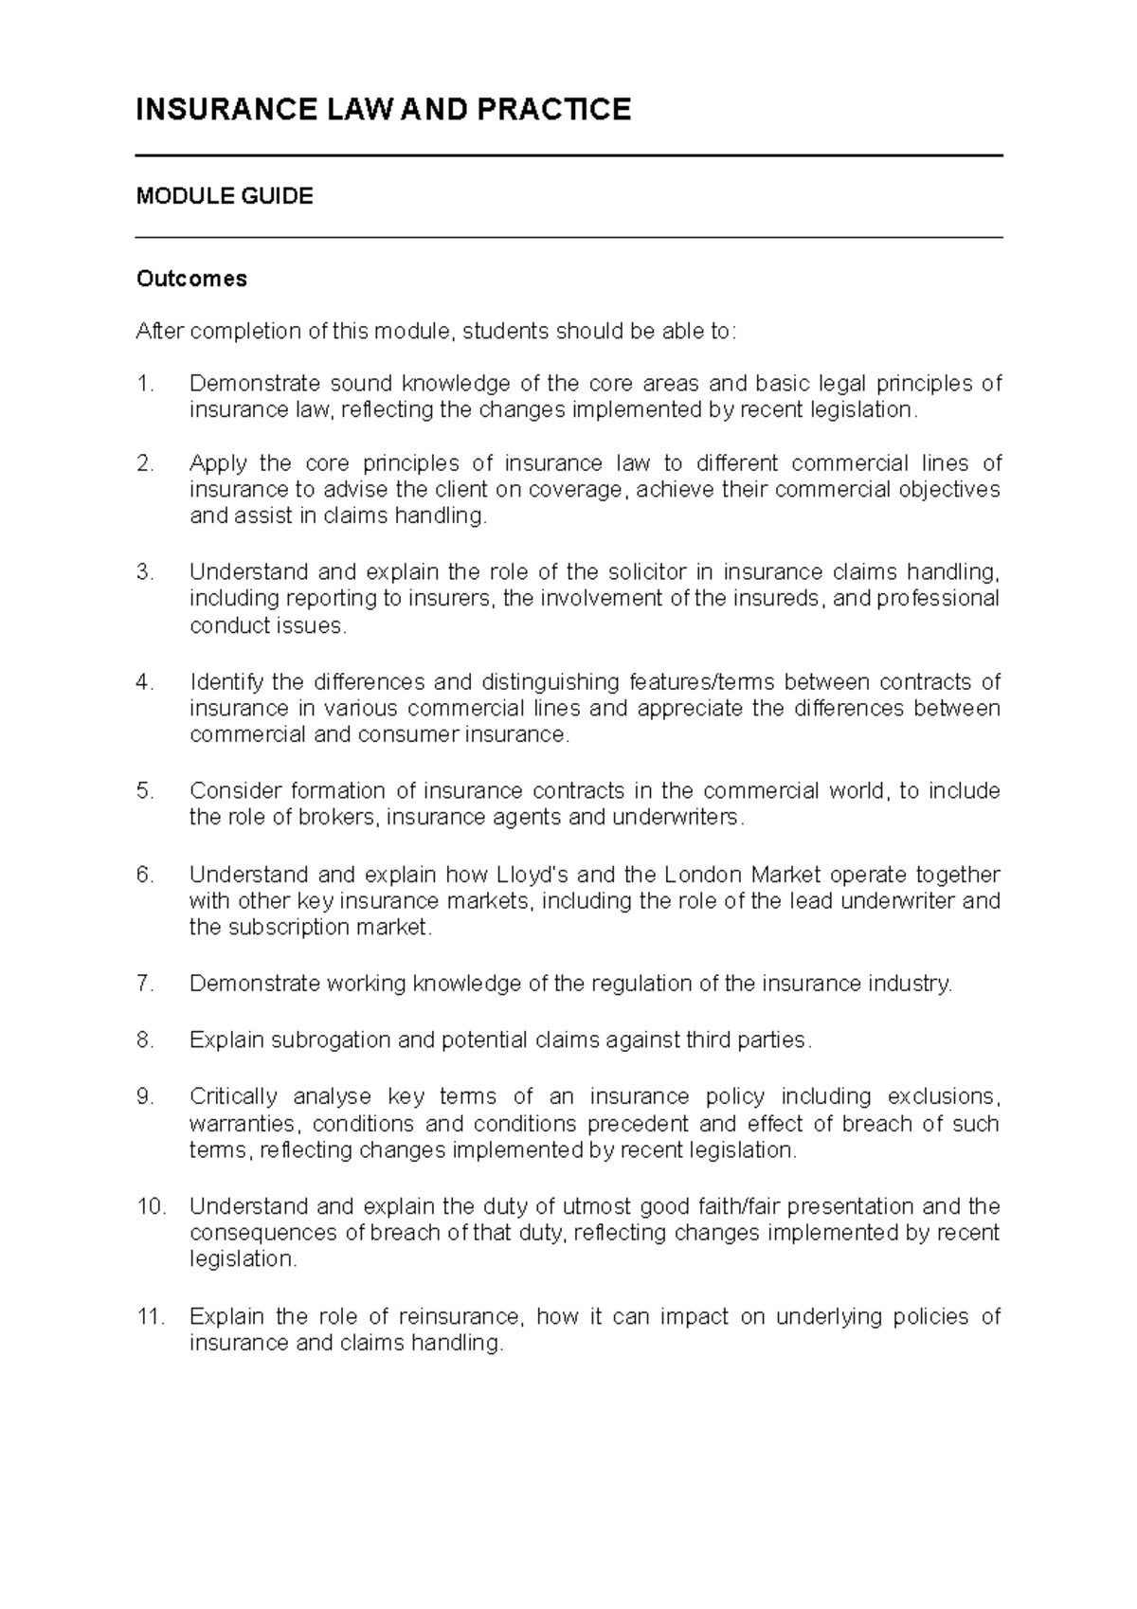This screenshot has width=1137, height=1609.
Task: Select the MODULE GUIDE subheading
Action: coord(225,196)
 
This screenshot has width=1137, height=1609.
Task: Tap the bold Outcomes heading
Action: coord(191,279)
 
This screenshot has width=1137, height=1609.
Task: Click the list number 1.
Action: coord(144,384)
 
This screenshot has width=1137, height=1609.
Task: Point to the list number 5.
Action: coord(144,791)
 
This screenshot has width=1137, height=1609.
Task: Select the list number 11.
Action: coord(150,1316)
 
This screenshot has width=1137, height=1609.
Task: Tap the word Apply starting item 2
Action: coord(217,464)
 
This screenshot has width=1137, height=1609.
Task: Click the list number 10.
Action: coord(150,1207)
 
